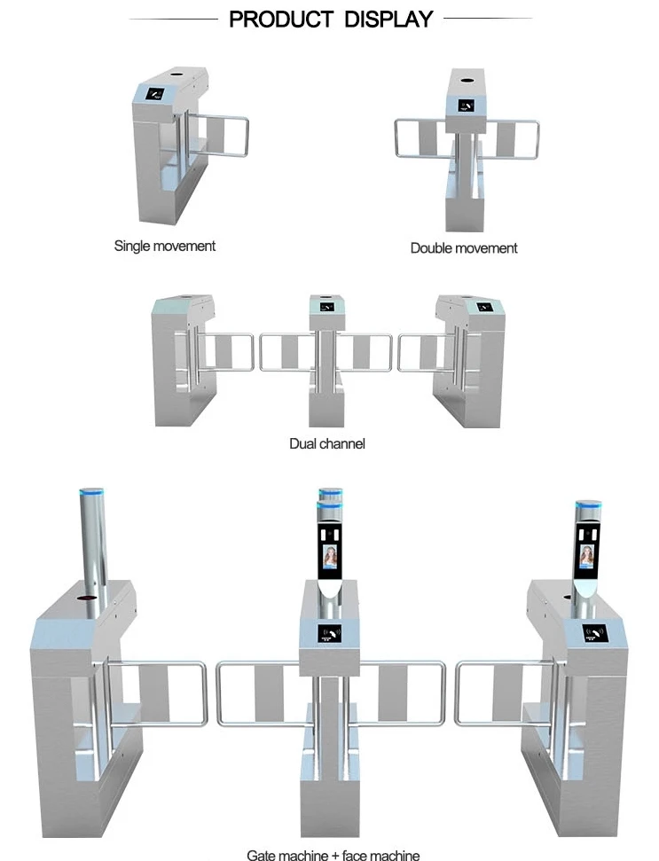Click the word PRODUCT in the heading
click(x=280, y=20)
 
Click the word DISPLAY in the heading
click(x=388, y=20)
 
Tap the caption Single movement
click(x=165, y=246)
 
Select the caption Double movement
click(x=464, y=248)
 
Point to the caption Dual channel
click(x=327, y=443)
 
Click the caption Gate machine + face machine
click(x=333, y=855)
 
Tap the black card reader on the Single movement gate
click(x=155, y=94)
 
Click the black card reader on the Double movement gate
click(x=467, y=106)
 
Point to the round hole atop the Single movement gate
click(x=176, y=74)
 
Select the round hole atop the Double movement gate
click(x=467, y=80)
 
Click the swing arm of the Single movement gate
click(x=218, y=135)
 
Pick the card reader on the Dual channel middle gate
click(x=326, y=307)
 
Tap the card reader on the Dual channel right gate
click(x=483, y=308)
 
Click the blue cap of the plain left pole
click(x=92, y=494)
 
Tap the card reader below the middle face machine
click(x=330, y=634)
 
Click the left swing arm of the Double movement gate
click(x=422, y=138)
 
